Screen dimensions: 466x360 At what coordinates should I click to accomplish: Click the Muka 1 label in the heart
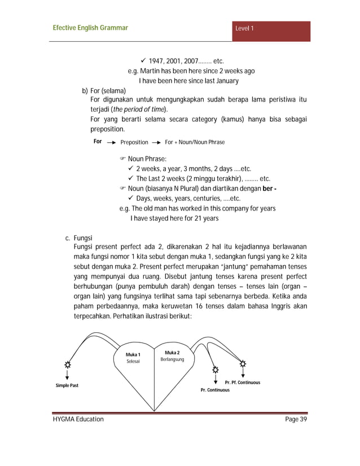click(133, 354)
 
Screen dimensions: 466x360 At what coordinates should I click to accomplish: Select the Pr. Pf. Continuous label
click(242, 383)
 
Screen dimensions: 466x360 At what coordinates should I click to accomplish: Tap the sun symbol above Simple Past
click(68, 364)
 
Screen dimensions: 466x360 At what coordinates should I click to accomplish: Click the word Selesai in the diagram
click(133, 361)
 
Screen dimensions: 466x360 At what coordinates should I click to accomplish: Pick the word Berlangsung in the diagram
click(172, 359)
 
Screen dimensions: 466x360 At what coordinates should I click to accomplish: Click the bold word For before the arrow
click(98, 142)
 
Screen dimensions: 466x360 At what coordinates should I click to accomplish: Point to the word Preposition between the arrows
click(134, 142)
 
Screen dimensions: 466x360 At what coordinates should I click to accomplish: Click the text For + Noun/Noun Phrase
click(194, 142)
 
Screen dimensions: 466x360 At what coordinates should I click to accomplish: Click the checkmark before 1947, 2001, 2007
click(143, 61)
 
